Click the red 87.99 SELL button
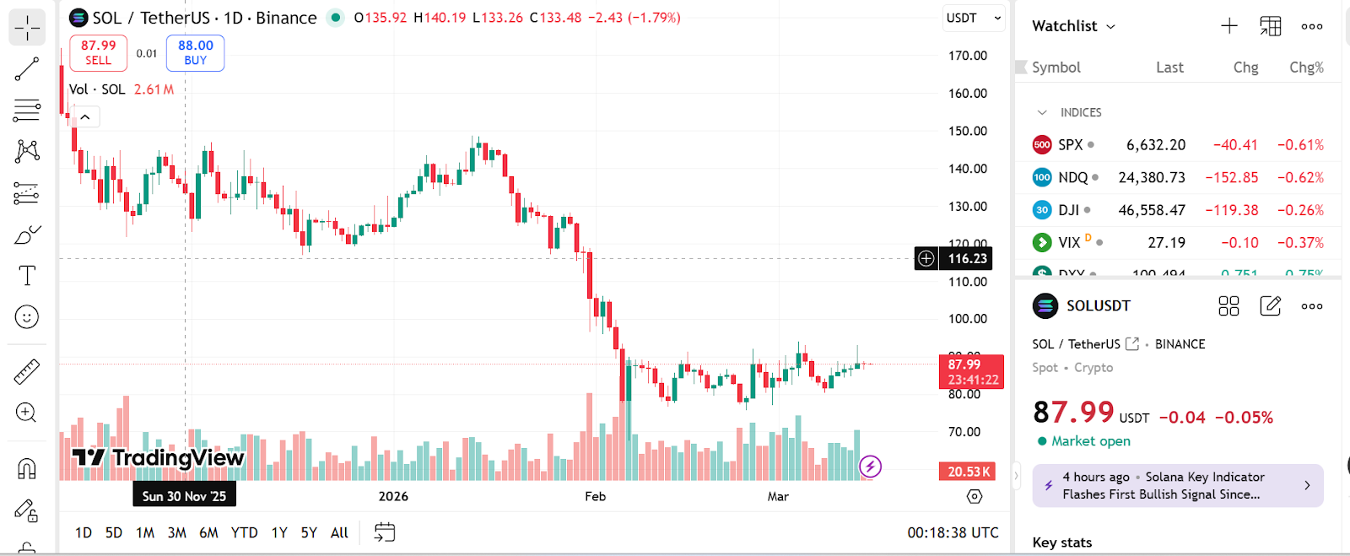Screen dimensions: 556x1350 [98, 52]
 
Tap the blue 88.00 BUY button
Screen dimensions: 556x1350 [195, 52]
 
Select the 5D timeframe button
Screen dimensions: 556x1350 [114, 532]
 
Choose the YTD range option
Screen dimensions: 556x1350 [244, 532]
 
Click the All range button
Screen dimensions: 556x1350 [339, 532]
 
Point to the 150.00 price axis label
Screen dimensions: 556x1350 [968, 131]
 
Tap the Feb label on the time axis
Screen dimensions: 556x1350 [596, 496]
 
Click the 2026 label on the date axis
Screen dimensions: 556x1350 [393, 496]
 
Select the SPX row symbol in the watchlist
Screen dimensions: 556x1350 [1070, 145]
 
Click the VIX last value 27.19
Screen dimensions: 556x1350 [1166, 243]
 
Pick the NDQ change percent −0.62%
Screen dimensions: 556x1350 [1300, 178]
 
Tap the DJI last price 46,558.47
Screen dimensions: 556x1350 [1152, 210]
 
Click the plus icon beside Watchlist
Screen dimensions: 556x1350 [1229, 26]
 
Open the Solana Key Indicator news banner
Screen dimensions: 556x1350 [1177, 486]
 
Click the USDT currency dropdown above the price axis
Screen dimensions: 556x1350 [973, 18]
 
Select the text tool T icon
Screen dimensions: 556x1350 [27, 276]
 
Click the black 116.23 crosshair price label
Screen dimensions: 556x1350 [966, 259]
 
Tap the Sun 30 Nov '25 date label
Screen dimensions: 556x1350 [184, 496]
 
